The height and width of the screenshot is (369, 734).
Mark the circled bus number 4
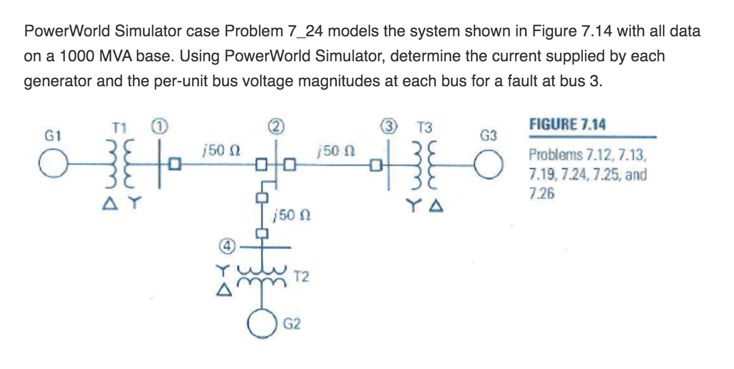(x=226, y=248)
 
